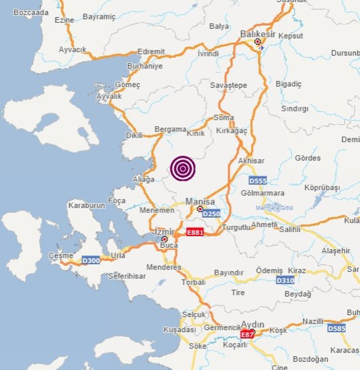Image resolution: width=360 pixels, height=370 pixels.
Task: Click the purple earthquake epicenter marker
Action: click(183, 169)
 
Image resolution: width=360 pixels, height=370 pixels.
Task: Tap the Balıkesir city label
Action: click(257, 34)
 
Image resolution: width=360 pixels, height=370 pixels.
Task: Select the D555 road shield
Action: click(258, 180)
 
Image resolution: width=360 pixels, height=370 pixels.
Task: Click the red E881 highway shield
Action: click(195, 232)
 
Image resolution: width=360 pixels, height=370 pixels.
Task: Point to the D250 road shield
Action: click(211, 214)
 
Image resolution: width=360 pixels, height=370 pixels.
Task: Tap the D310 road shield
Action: click(285, 280)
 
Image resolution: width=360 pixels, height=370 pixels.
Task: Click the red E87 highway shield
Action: click(247, 336)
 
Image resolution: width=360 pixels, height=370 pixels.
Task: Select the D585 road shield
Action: click(336, 328)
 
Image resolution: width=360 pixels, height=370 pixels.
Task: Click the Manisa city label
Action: click(200, 201)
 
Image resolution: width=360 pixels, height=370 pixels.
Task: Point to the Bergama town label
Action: click(170, 129)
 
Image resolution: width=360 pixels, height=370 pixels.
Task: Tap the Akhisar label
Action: click(251, 160)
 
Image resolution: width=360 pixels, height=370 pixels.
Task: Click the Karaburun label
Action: click(85, 205)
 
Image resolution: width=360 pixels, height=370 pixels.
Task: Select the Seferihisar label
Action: click(129, 275)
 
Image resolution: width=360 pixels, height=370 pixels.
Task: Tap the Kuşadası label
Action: click(179, 329)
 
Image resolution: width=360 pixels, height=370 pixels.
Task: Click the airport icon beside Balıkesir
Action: click(262, 48)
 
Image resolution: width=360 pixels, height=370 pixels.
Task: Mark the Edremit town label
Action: click(152, 51)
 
